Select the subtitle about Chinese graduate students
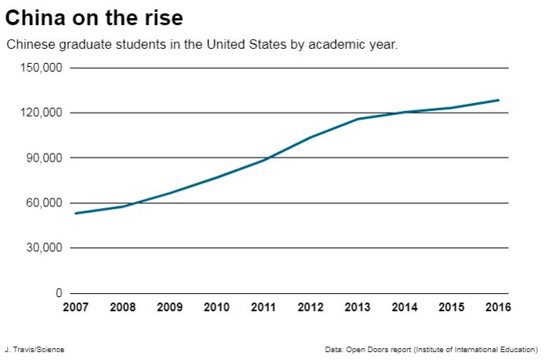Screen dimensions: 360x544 (x=202, y=44)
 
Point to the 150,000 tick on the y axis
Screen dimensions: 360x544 (x=42, y=68)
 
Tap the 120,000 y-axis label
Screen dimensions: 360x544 (x=42, y=113)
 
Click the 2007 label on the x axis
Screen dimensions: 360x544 (x=76, y=307)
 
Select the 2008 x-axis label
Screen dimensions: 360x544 (x=123, y=307)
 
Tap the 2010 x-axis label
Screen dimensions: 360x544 (x=217, y=307)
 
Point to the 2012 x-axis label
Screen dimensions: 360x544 (x=311, y=307)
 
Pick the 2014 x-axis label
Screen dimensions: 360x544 (x=404, y=307)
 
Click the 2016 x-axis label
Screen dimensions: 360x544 (x=498, y=307)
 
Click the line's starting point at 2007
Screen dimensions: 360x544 (x=76, y=213)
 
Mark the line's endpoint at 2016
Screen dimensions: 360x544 (x=498, y=100)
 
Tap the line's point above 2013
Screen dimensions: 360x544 (x=357, y=119)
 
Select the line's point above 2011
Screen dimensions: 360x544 (x=263, y=160)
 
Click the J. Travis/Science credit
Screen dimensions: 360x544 (x=34, y=349)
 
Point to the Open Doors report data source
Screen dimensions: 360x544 (x=430, y=349)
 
